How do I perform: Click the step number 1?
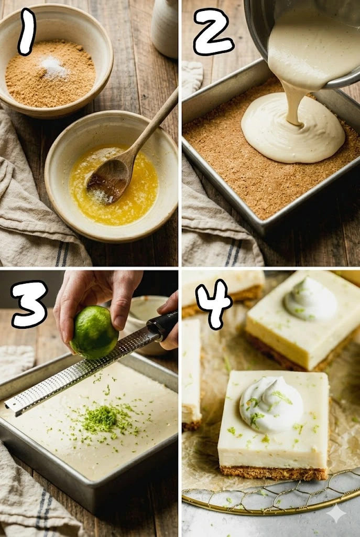[27, 31]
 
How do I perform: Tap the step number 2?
[213, 31]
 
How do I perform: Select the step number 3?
[29, 304]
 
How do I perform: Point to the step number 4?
[214, 304]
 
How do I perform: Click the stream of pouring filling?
[292, 103]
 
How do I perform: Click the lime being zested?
[94, 332]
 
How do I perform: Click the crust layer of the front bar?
[274, 472]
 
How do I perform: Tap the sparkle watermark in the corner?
[336, 513]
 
